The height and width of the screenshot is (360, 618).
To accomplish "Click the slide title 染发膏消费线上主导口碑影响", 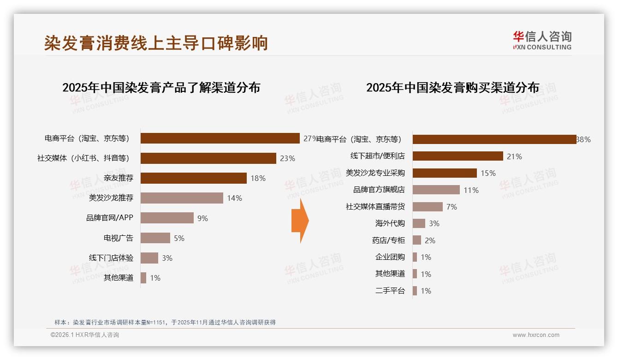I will coord(156,43).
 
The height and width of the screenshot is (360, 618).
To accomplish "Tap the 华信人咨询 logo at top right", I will coord(542,40).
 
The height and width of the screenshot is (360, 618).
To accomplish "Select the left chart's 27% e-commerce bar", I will coord(220,138).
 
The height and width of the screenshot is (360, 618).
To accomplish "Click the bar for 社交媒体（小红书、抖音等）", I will coord(208,158).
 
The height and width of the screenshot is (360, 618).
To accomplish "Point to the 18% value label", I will coord(258,178).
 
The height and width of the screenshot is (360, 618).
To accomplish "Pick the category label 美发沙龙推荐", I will coord(111,198).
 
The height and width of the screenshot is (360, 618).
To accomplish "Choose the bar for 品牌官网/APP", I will coord(167,218).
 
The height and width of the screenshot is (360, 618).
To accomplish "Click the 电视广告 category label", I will coord(118,238).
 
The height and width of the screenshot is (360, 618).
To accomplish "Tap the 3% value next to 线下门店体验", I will coord(167,258).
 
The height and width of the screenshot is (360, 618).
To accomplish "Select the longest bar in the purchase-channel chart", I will coord(494,139).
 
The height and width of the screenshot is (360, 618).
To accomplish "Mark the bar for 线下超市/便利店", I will coord(458,156).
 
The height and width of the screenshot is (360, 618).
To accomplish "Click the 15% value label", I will coord(488,173).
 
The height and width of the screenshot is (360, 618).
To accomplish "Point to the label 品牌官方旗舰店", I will coord(379,190).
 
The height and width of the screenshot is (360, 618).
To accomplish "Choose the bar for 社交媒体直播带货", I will coord(428,207).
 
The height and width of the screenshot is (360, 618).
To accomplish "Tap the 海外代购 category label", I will coord(390,223).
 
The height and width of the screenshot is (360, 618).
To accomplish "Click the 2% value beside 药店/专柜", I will coord(430,240).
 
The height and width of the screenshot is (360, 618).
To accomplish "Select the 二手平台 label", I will coord(390,291).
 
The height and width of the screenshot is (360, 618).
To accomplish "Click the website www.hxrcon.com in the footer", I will coord(536,335).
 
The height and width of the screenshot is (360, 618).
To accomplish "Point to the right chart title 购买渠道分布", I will coord(452,88).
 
